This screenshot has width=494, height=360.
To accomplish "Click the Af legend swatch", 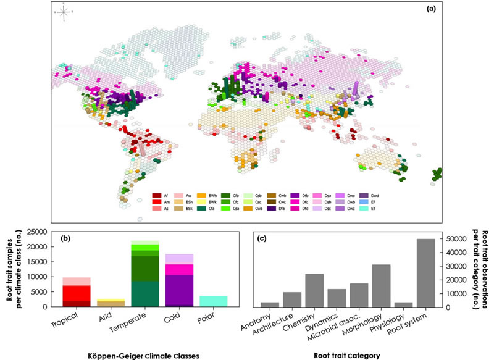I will [156, 196].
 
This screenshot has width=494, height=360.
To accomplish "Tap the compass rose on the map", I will [64, 12].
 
